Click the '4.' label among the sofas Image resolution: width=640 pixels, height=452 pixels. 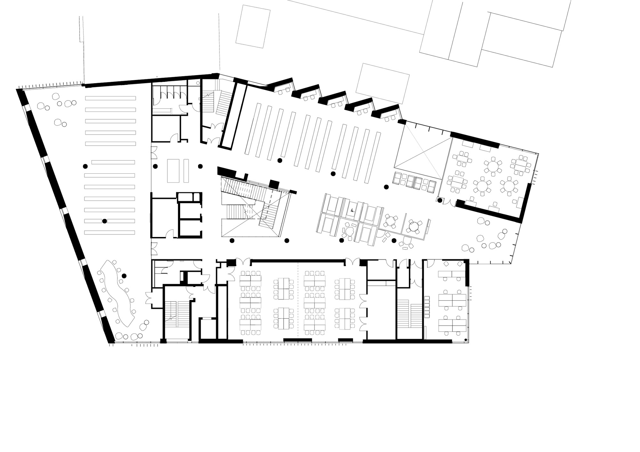(x=352, y=211)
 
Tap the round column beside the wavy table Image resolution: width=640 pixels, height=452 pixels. (x=124, y=276)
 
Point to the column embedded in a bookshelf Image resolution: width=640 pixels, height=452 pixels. (x=105, y=221)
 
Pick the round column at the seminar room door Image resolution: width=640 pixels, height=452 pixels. (x=440, y=200)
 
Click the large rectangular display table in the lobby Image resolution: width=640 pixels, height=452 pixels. (x=173, y=170)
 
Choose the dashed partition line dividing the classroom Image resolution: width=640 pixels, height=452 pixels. (x=298, y=301)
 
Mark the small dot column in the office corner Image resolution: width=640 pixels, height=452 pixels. (x=466, y=340)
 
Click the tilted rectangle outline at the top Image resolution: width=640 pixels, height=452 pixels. (x=253, y=27)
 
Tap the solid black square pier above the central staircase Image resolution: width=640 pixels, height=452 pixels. (x=274, y=184)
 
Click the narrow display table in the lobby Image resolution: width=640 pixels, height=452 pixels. (x=186, y=170)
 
